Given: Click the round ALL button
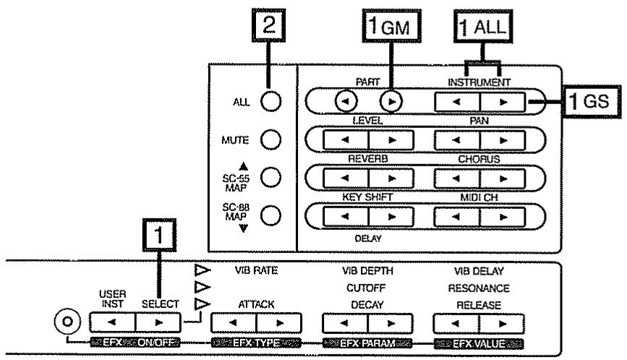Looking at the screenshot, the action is pos(270,101).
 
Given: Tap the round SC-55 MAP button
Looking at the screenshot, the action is pos(270,177).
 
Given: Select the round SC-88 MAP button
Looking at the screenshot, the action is pos(270,215).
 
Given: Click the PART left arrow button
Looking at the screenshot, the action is pos(346,101).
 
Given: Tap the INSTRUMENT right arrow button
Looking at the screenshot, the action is pos(503,102).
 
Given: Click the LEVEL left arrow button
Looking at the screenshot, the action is pos(346,140).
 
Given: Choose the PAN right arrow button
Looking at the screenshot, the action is pos(503,140).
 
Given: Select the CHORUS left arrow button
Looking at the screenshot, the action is pos(456,179).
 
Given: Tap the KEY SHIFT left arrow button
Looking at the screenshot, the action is pos(346,217).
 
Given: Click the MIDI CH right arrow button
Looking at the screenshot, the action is pos(503,217).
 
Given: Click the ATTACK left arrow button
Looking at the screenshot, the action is pos(234,323).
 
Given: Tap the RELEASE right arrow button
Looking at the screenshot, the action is pos(502,324).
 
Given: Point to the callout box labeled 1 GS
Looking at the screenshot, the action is pos(592,101).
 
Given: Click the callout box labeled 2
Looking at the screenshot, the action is pos(269,25).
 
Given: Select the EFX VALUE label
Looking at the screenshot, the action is pos(479,343).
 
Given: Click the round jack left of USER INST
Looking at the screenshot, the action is pos(67,322).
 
